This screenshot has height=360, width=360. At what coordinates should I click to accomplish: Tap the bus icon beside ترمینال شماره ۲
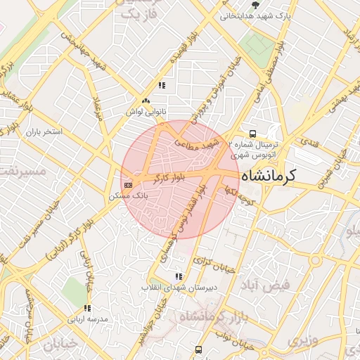(252, 134)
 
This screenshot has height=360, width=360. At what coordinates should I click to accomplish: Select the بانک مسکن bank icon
(127, 185)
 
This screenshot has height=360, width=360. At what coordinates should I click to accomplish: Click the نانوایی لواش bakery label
(146, 111)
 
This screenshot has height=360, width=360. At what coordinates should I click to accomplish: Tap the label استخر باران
(44, 131)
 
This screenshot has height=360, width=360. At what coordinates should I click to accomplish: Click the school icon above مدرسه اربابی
(87, 308)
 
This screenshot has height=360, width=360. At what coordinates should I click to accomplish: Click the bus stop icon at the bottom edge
(200, 349)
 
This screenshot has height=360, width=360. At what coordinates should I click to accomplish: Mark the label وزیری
(301, 342)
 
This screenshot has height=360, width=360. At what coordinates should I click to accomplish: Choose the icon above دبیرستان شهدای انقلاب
(179, 276)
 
